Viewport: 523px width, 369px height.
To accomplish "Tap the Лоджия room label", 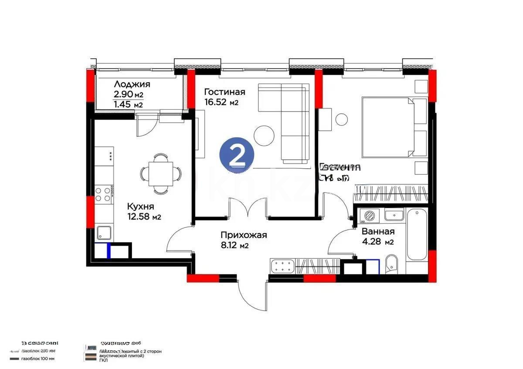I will pos(132,85).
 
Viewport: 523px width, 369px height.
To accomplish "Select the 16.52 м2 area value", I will pos(221,102).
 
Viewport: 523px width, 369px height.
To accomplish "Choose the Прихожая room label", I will pos(243,235).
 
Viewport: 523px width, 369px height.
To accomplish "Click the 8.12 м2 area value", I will pos(234,246).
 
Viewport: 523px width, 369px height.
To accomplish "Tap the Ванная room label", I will pos(378,231).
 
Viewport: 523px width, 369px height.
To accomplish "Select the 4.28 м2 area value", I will pos(377,242).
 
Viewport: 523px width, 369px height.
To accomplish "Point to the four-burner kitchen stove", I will pos(104,193).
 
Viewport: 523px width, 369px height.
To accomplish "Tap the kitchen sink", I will pos(104,233).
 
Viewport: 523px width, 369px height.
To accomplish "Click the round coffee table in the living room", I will pos(265,135).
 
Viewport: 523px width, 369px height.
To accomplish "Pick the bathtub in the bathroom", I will pos(417,234).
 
